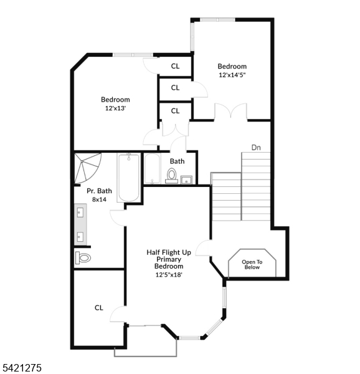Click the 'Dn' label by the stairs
click(x=255, y=148)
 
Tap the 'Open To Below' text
click(x=252, y=264)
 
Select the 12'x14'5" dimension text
click(x=232, y=75)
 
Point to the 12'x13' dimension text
click(x=115, y=108)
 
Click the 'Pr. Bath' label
click(x=98, y=191)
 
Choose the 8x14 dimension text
click(x=98, y=199)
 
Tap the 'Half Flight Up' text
click(x=168, y=252)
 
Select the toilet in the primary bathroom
click(x=83, y=257)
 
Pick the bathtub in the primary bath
click(x=129, y=178)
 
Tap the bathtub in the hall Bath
click(x=153, y=168)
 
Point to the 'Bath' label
click(x=177, y=161)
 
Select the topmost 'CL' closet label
click(x=175, y=66)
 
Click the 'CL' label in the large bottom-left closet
click(x=98, y=307)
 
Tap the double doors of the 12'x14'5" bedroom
click(x=230, y=112)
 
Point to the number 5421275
click(x=21, y=368)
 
